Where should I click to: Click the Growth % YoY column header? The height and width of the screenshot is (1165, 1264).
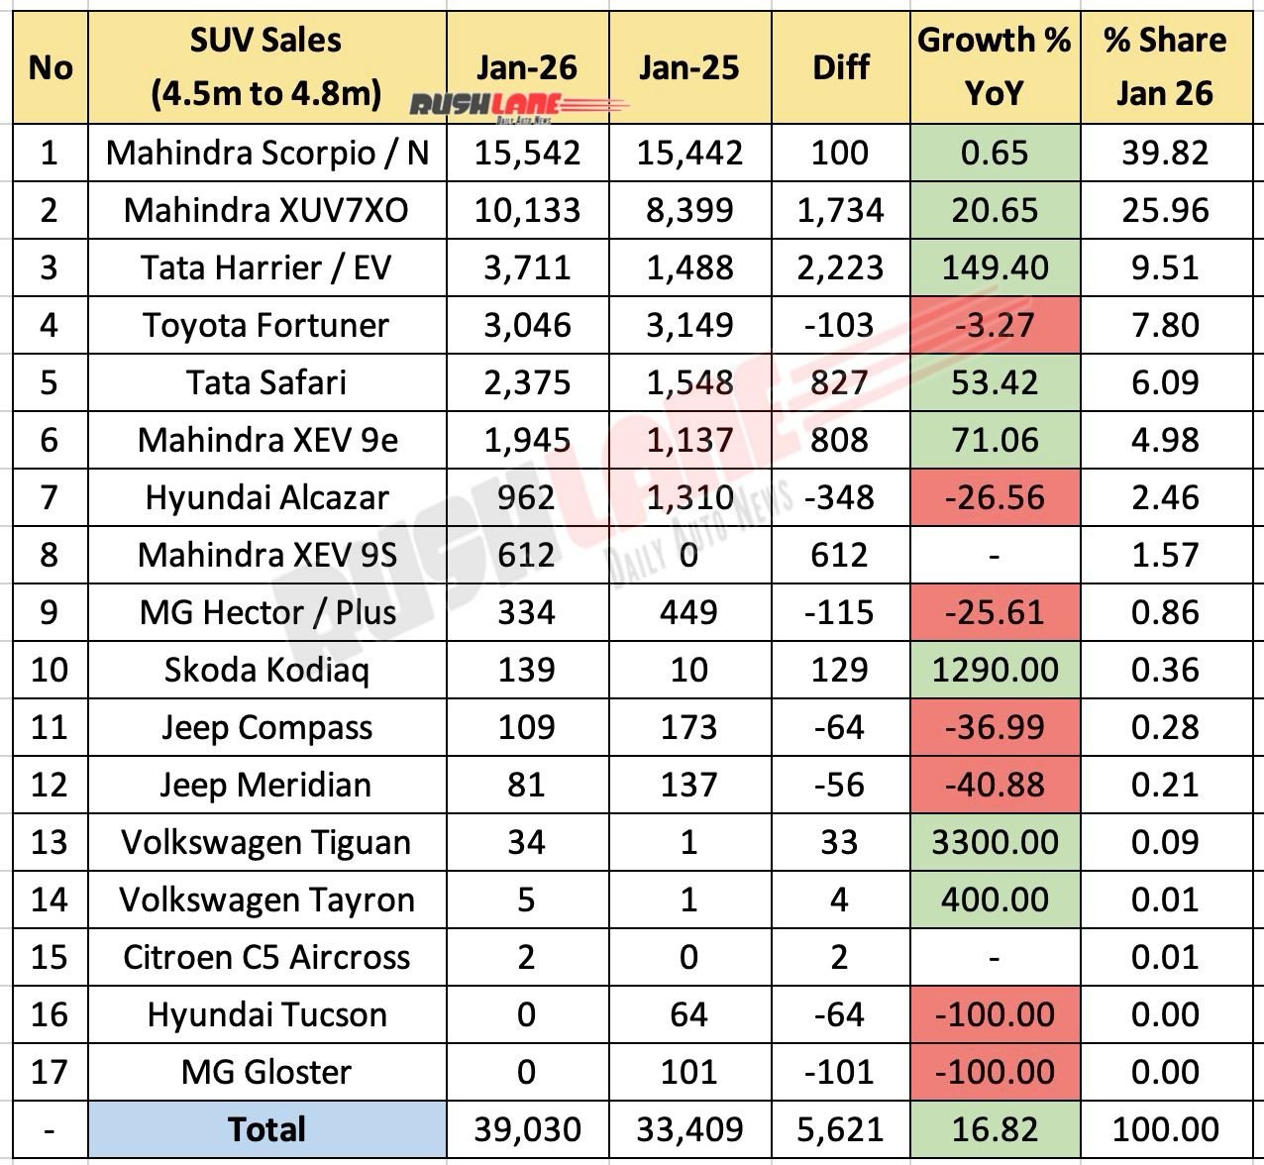[x=994, y=66]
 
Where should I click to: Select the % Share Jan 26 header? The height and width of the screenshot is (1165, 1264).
[x=1165, y=66]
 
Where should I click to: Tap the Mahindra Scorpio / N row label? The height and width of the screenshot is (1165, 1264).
[x=267, y=153]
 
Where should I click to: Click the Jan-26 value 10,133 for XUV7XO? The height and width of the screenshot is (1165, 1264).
[x=527, y=210]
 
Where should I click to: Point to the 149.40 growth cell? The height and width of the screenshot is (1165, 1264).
[x=995, y=267]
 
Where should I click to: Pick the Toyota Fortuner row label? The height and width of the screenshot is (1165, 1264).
[x=267, y=325]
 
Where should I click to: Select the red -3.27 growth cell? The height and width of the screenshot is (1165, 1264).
[x=995, y=325]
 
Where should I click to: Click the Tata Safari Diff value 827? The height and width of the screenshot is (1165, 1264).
[x=839, y=382]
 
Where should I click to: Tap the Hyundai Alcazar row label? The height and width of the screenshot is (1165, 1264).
[x=267, y=497]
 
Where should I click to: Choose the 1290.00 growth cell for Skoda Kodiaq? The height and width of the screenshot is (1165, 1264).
[x=995, y=670]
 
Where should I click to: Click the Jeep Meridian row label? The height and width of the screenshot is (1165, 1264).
[x=267, y=785]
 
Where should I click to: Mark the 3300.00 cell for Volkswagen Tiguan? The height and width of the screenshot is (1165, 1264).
[x=995, y=842]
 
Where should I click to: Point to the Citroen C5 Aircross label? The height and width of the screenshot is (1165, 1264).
[x=267, y=957]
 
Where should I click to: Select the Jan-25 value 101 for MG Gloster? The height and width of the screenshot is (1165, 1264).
[x=688, y=1072]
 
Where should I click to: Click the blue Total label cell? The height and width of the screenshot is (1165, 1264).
[x=267, y=1129]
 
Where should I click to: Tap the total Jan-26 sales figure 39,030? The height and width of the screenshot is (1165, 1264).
[x=527, y=1129]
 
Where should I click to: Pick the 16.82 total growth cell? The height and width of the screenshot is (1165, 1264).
[x=995, y=1129]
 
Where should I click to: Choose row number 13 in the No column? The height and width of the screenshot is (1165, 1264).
[x=50, y=842]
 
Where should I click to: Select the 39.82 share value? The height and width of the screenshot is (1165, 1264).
[x=1165, y=153]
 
